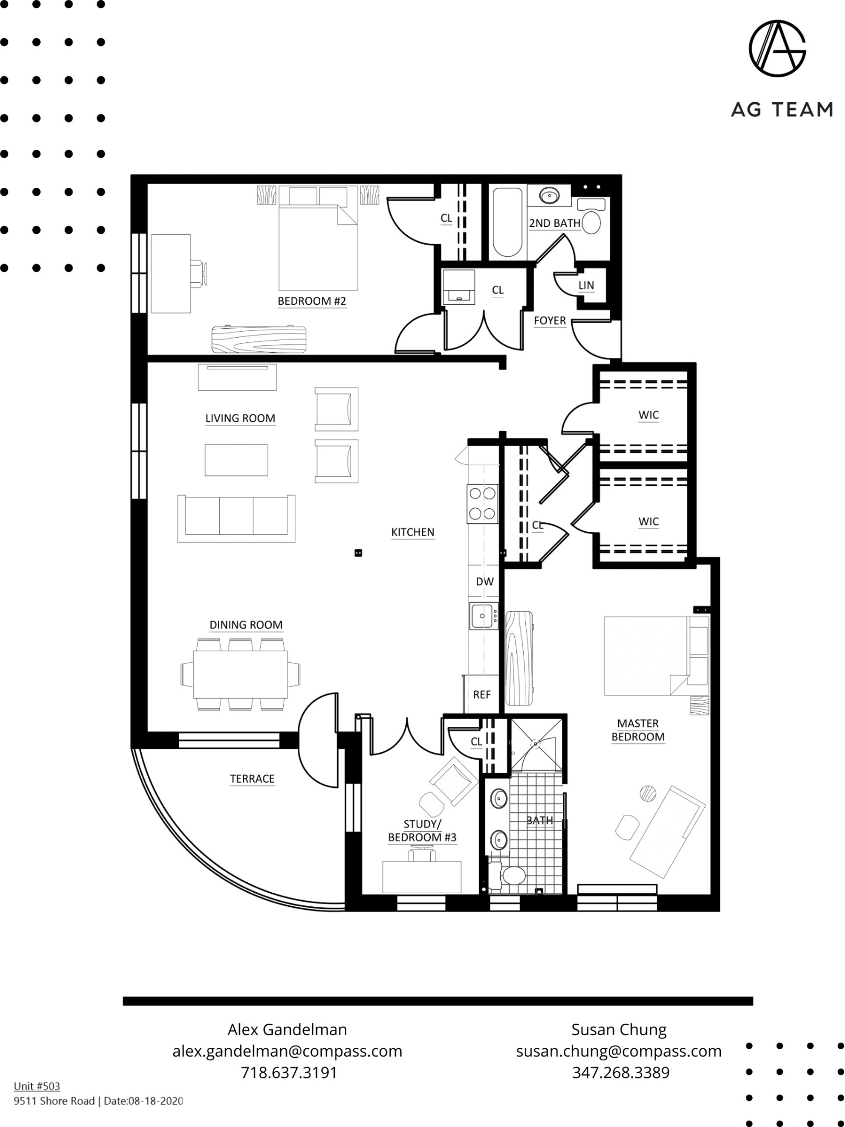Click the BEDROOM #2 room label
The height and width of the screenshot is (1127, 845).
[312, 301]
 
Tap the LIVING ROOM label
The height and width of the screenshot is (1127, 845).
[240, 418]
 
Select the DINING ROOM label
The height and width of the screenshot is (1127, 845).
[246, 625]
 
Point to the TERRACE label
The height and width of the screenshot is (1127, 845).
[252, 779]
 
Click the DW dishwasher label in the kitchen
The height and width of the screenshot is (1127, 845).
[485, 582]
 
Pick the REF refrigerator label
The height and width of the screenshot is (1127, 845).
[482, 695]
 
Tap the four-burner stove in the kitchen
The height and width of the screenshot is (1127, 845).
[482, 503]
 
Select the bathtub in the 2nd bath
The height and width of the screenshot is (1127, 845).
[508, 222]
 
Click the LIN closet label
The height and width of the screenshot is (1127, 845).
[586, 285]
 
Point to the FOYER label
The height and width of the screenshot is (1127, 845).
[550, 320]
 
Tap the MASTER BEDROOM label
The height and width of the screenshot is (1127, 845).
[638, 730]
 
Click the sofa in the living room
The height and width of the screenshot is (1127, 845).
[236, 518]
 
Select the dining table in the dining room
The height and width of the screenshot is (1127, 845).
[240, 674]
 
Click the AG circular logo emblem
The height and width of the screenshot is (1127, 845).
[777, 49]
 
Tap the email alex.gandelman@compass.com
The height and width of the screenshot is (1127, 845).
[287, 1051]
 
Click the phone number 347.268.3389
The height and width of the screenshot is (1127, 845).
[621, 1073]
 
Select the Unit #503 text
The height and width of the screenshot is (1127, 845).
[37, 1086]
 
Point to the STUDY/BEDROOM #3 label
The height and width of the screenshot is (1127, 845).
[422, 831]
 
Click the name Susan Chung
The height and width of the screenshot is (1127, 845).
[619, 1029]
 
